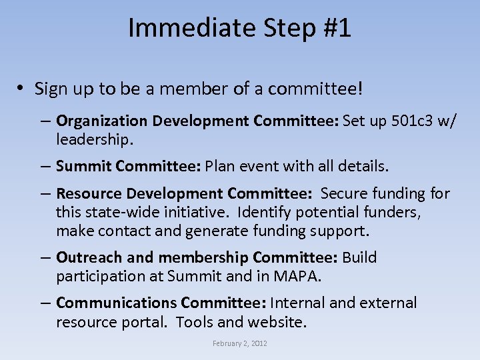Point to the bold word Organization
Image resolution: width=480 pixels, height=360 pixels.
pos(101,121)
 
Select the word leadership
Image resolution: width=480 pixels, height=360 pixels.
pos(95,140)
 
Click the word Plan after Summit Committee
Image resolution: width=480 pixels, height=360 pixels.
pos(221,165)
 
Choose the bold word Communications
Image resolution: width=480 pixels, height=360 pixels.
pos(116,303)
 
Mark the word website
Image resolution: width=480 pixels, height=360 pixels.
pos(277,323)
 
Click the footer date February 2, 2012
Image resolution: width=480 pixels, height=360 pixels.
pos(239,343)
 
